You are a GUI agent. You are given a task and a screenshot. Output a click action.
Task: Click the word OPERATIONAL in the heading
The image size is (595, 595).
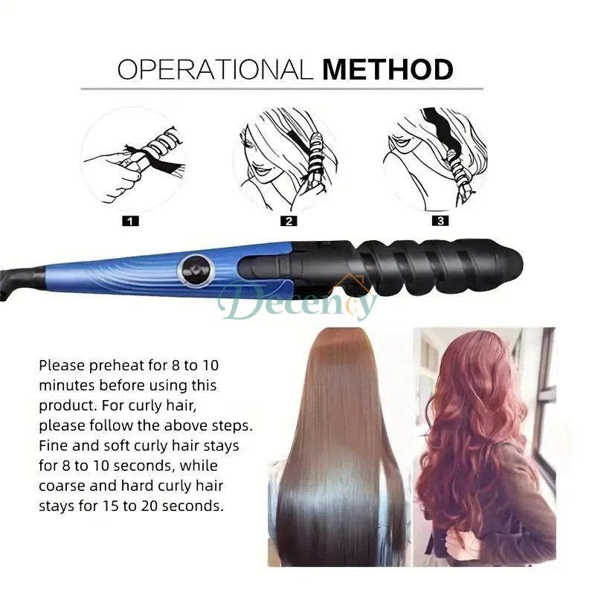coord(216,70)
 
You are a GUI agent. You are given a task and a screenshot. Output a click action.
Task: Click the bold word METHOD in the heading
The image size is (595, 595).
coord(387,70)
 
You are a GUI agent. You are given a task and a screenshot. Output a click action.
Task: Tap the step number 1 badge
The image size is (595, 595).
coord(131,221)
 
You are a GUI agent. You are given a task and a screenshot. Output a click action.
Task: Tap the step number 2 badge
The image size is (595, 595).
coord(289,221)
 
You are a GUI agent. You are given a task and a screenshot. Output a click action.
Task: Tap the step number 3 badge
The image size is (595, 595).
coord(440,221)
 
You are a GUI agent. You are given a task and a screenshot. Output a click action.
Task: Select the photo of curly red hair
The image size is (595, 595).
coord(483,446)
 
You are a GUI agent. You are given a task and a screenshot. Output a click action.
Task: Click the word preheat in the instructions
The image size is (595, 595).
coord(109,366)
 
